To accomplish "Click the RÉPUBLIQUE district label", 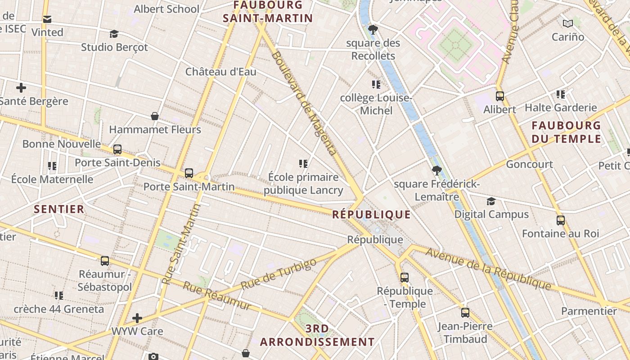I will click(371, 215).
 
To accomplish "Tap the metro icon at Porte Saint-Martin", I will click(189, 173).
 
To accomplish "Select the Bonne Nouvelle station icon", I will click(117, 149).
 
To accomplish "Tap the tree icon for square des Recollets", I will click(373, 30).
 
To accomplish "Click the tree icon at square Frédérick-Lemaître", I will click(436, 171).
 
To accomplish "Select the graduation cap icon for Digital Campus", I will click(491, 201).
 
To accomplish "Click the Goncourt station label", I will click(529, 164).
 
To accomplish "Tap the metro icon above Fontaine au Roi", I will click(561, 220).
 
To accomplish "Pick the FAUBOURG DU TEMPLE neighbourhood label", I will click(566, 132).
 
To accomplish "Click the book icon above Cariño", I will click(568, 23).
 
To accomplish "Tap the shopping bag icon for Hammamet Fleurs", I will click(155, 116).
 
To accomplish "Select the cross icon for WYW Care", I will click(137, 318).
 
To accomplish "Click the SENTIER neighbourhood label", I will click(59, 209).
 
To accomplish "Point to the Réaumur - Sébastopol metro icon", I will click(105, 261).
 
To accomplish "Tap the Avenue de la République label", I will click(488, 269).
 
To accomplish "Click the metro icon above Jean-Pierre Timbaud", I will click(465, 312).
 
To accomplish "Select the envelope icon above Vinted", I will click(47, 19).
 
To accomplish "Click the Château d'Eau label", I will click(220, 72).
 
